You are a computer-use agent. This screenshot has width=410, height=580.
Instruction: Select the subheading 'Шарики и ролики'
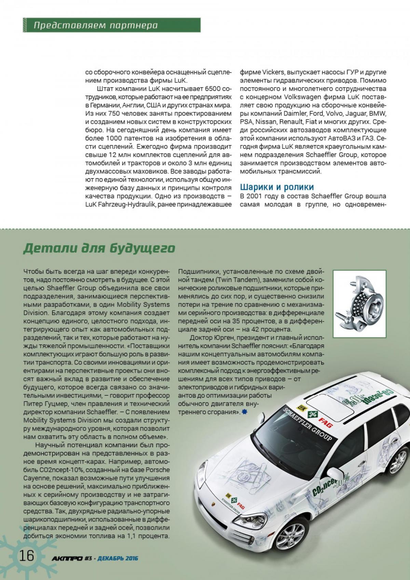276,187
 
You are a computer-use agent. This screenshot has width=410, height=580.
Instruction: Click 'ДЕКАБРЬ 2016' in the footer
118,558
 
